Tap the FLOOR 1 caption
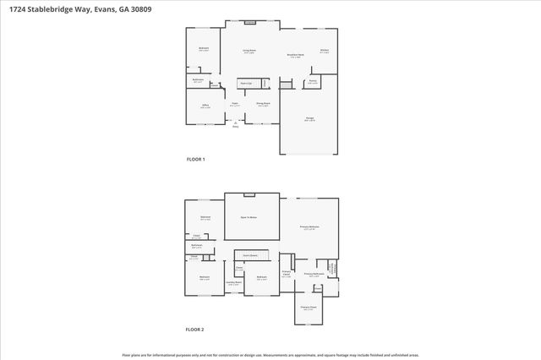195,159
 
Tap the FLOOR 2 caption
195,329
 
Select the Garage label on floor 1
309,120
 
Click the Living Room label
249,52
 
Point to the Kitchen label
324,51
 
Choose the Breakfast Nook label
296,56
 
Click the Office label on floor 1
205,106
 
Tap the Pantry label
312,82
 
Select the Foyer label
234,105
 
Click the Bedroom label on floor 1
204,49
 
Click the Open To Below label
249,217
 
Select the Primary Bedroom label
309,227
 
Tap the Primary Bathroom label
314,275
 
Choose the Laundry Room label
234,284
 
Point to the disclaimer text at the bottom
270,355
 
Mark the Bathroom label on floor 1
197,80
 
